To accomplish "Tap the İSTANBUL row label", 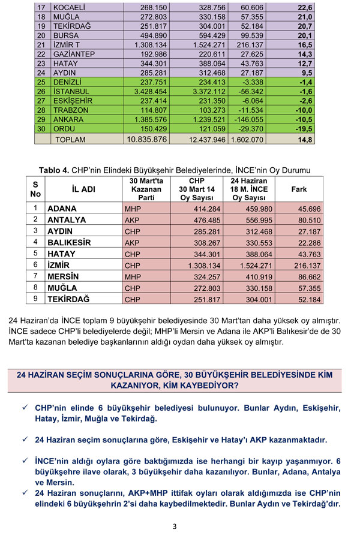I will (71, 92).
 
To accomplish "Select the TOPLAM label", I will (71, 140).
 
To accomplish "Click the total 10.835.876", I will (146, 140).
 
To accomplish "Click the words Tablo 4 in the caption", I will (55, 170).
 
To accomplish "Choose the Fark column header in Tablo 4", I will (298, 189).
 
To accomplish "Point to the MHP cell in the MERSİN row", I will (133, 278).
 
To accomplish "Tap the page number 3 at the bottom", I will (175, 526).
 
